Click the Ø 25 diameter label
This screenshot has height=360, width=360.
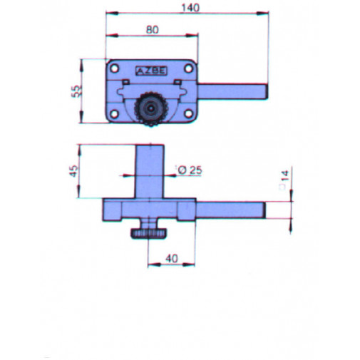point(189,170)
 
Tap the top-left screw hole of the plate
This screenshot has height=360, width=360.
point(113,68)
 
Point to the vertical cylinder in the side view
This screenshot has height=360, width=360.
point(150,171)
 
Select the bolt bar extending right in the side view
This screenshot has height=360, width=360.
point(232,210)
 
